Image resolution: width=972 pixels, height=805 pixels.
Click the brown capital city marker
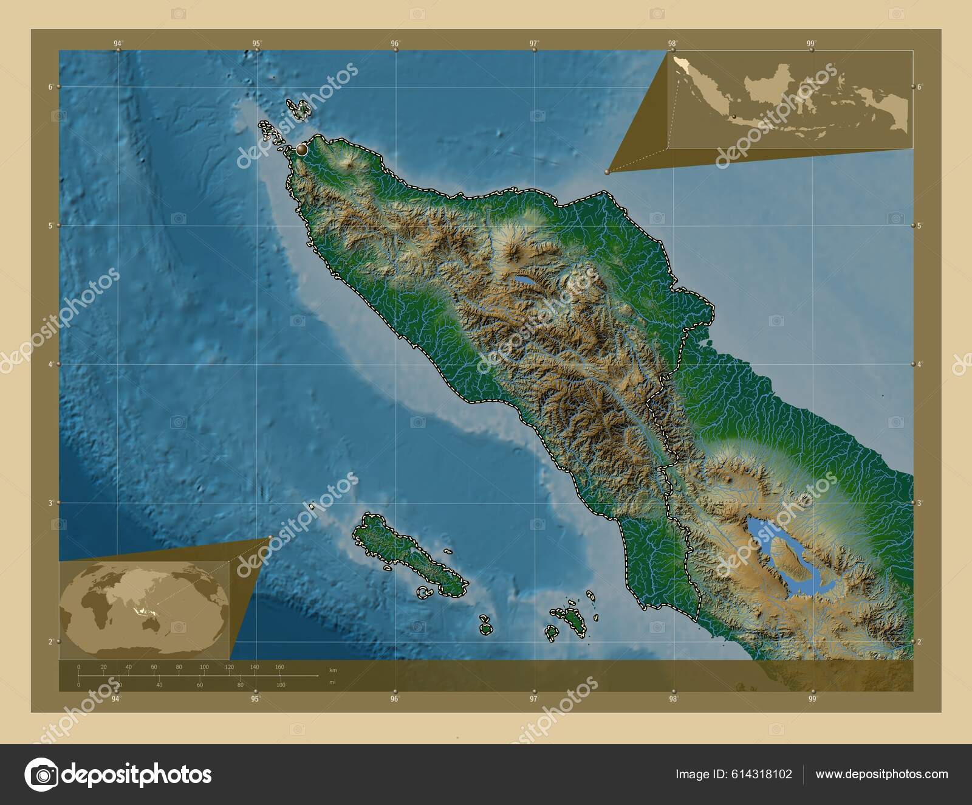301,148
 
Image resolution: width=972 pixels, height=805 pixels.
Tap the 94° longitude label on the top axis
118,43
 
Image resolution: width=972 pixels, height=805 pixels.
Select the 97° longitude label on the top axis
533,43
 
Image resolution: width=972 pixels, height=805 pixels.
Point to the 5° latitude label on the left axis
50,226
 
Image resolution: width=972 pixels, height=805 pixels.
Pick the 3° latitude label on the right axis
920,503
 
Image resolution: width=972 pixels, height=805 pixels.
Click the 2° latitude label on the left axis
50,641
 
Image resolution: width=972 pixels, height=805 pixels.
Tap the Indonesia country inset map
790,99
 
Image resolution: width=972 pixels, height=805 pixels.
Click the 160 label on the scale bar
279,667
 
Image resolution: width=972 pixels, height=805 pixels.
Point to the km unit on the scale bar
332,669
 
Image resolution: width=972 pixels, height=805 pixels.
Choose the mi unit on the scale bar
332,682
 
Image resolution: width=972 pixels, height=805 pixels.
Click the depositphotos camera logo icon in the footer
41,775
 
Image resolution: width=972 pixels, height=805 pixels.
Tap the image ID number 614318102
761,775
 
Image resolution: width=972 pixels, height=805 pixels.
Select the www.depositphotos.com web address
881,775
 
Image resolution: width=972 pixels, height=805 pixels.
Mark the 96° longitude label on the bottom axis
395,699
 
